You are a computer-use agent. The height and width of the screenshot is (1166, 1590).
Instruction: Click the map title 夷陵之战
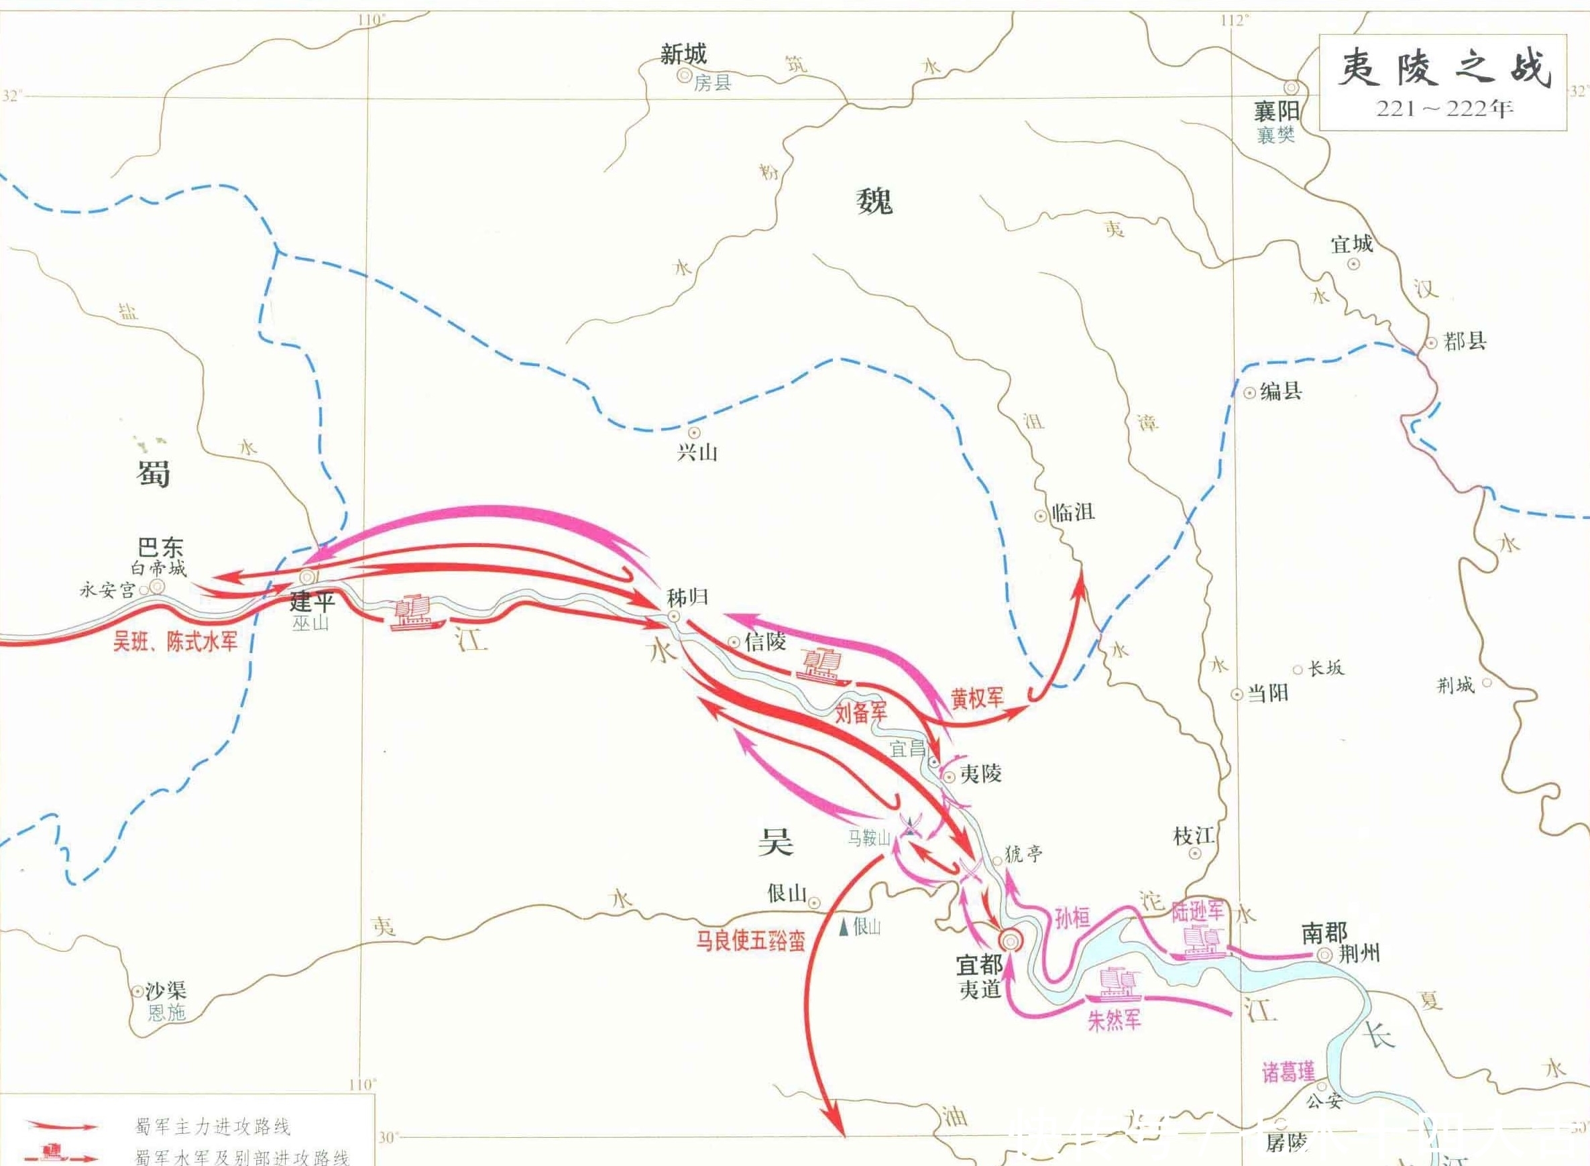[1444, 68]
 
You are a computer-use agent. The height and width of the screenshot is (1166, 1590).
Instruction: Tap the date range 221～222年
[1444, 109]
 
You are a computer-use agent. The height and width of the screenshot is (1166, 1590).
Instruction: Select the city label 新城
[683, 54]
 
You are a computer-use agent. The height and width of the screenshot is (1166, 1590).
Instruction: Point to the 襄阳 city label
[1277, 111]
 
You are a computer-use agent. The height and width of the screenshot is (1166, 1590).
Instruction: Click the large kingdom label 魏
[874, 200]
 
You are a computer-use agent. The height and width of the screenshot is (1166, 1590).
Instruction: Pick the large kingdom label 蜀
[153, 473]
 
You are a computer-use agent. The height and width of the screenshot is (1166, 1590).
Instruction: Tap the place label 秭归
[687, 598]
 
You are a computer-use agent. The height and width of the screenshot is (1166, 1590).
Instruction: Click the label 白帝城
[159, 568]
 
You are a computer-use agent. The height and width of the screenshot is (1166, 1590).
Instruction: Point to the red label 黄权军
[976, 698]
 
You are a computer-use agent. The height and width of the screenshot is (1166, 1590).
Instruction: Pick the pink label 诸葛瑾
[1289, 1072]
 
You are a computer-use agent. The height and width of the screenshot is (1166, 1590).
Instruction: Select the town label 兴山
[697, 453]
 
